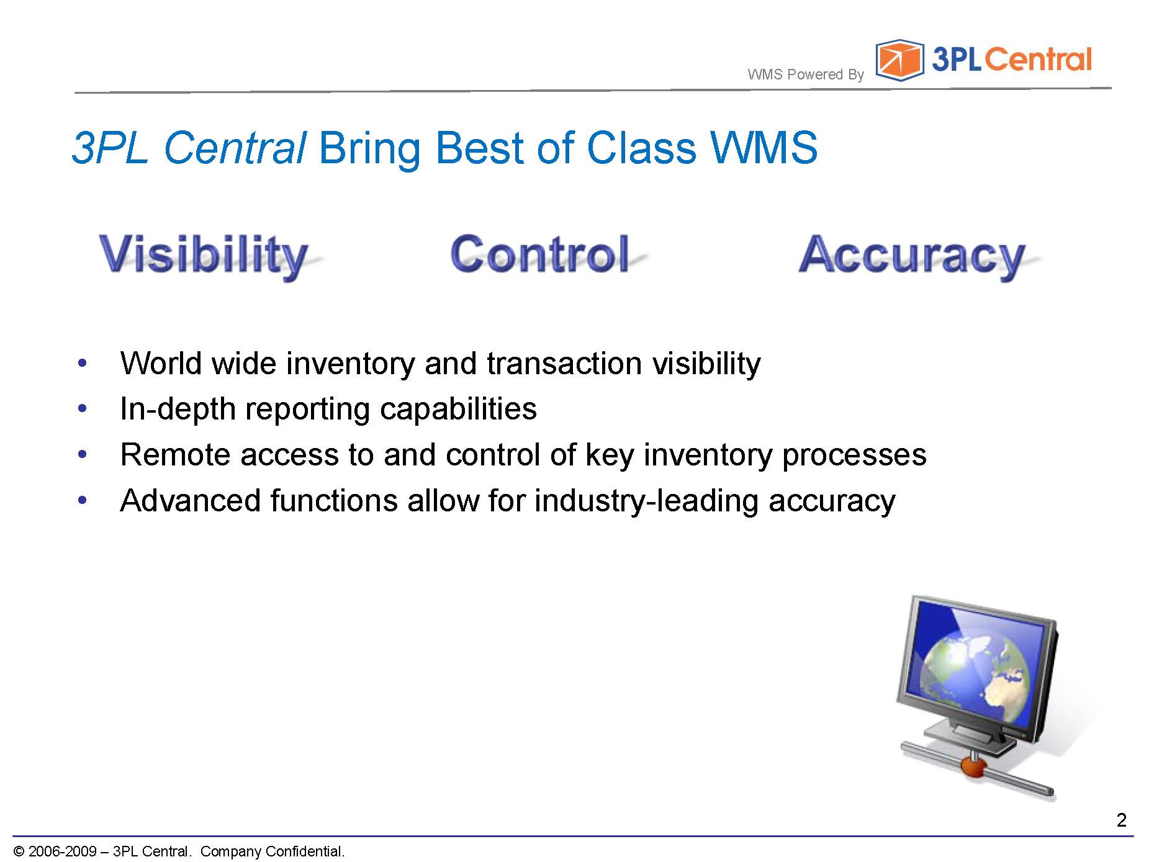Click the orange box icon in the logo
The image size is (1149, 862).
pos(899,60)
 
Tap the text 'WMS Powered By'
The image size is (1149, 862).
pos(806,74)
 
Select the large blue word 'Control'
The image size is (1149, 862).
pos(540,253)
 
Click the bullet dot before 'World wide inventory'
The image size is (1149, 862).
pos(82,363)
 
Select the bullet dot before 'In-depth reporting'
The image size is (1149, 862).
pos(82,409)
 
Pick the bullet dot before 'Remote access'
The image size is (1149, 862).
pos(82,455)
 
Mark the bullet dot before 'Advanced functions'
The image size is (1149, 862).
pos(82,500)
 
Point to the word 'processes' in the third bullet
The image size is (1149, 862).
pos(854,456)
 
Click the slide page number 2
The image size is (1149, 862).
pos(1121,820)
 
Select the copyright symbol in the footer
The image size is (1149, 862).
pos(19,851)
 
